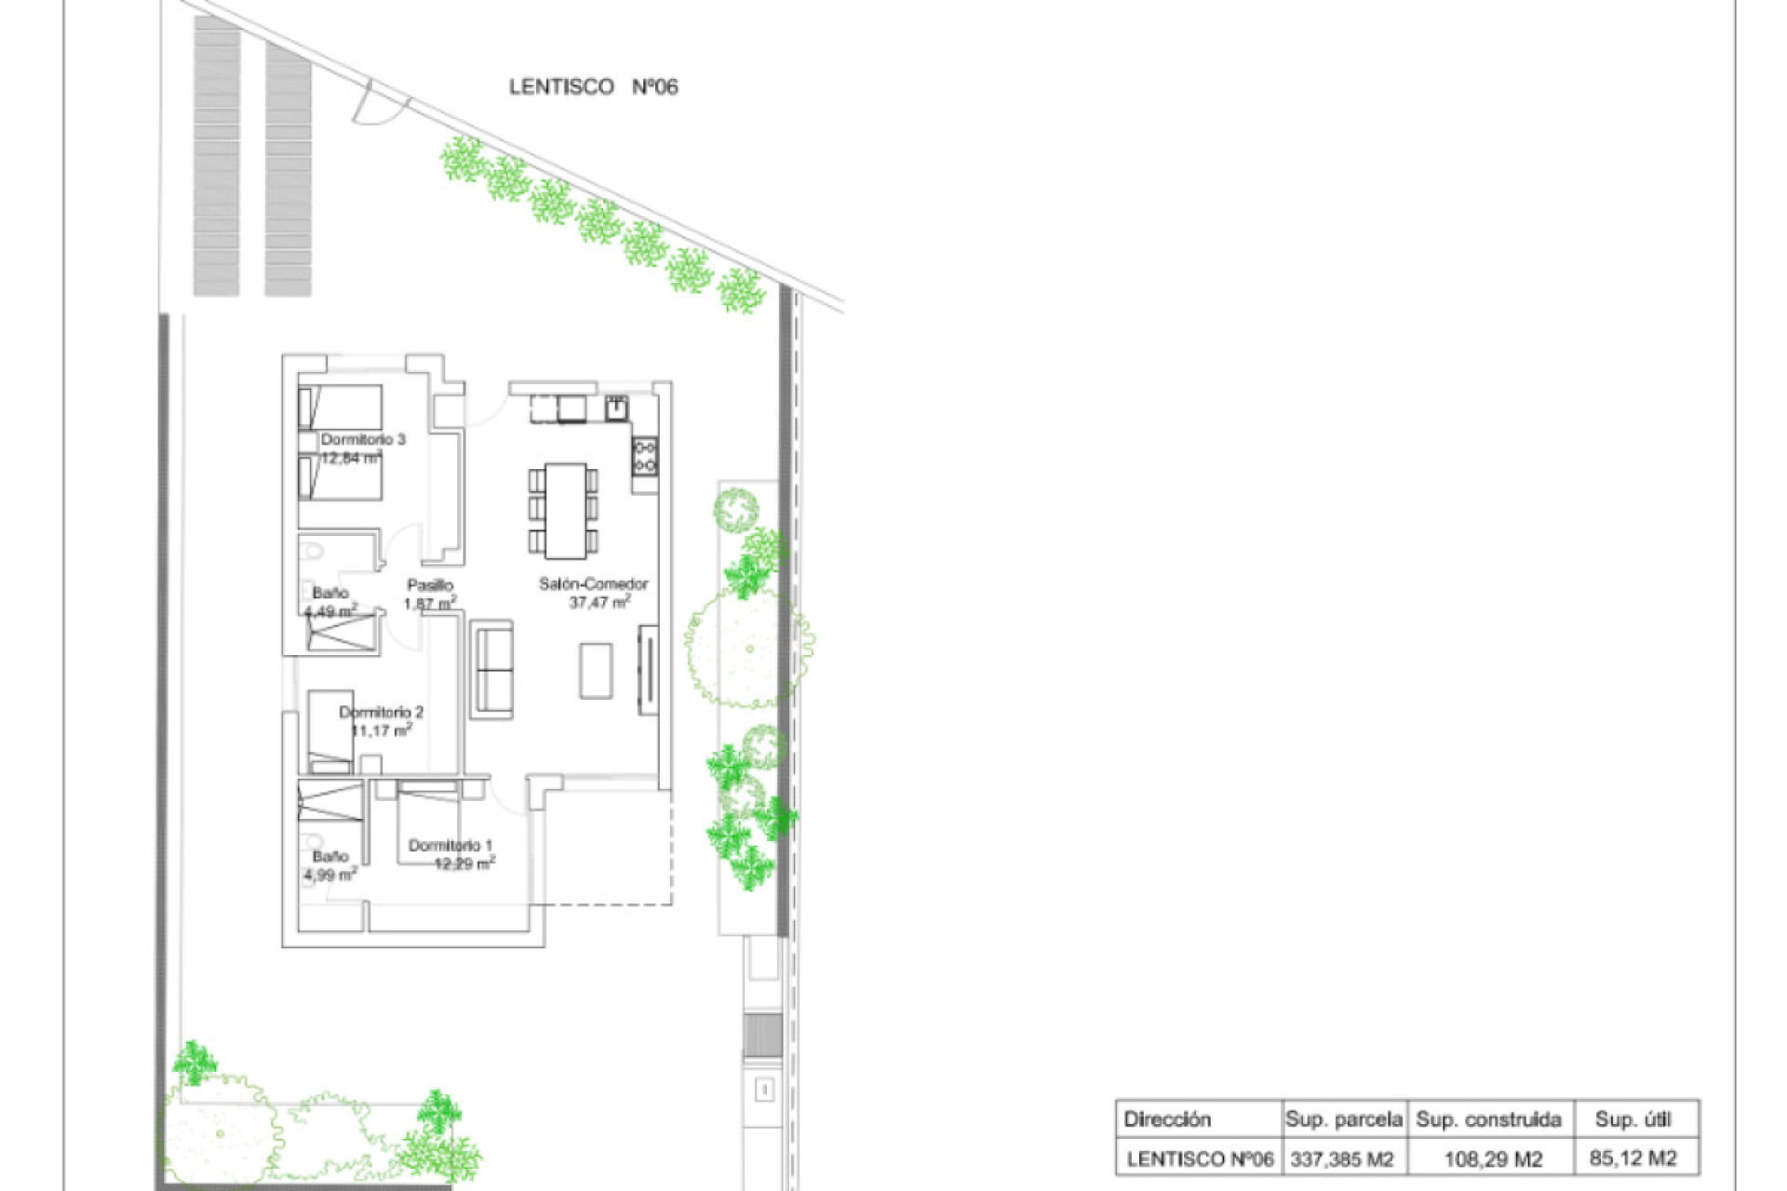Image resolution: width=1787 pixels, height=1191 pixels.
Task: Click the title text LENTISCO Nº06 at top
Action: pyautogui.click(x=593, y=87)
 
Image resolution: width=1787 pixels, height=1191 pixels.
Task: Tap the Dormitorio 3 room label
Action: pyautogui.click(x=363, y=439)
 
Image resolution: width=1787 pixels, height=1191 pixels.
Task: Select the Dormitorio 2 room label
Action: pyautogui.click(x=381, y=712)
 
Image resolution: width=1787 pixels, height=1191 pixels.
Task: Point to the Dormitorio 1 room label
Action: pyautogui.click(x=450, y=845)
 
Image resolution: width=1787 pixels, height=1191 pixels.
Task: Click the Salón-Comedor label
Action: pyautogui.click(x=593, y=583)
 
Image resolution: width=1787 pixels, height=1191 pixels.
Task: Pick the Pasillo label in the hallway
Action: pyautogui.click(x=430, y=585)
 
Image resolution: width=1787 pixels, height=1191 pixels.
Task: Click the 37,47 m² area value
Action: pyautogui.click(x=599, y=602)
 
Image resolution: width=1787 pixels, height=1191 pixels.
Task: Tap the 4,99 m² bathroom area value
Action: pyautogui.click(x=329, y=875)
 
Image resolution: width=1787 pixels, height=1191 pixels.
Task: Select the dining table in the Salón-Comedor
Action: pyautogui.click(x=565, y=510)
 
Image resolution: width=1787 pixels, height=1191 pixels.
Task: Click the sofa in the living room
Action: pyautogui.click(x=492, y=668)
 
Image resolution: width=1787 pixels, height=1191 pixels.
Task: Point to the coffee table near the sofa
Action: pyautogui.click(x=596, y=670)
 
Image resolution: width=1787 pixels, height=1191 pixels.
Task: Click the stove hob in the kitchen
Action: pyautogui.click(x=644, y=456)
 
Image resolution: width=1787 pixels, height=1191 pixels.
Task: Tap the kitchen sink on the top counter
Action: pyautogui.click(x=617, y=407)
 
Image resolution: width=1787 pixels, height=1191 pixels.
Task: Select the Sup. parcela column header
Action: pyautogui.click(x=1343, y=1119)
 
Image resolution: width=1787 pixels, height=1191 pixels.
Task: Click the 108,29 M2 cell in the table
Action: pyautogui.click(x=1492, y=1159)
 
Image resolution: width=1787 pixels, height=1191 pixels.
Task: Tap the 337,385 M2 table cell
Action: pyautogui.click(x=1341, y=1159)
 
